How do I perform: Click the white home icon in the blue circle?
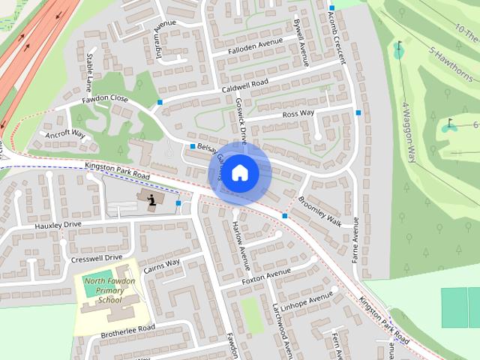point(239,172)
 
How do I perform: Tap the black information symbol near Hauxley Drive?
point(152,199)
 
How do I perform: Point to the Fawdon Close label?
point(104,98)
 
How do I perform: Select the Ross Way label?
point(298,114)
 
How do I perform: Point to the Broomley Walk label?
point(320,213)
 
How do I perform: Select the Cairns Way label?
point(162,264)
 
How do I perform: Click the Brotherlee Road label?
point(127,328)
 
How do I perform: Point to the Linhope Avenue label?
point(307,300)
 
